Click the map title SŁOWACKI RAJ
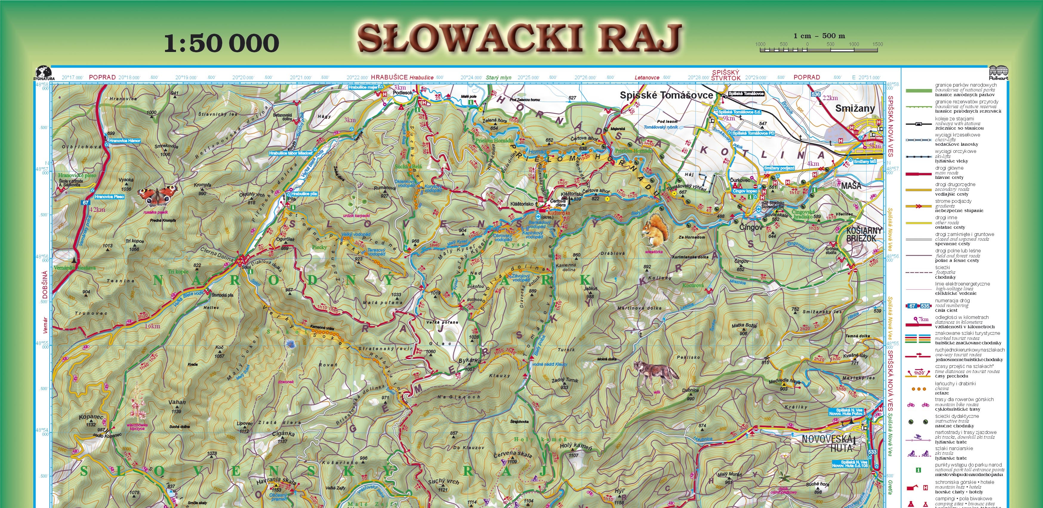(520, 39)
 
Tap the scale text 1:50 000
(221, 43)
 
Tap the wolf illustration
(656, 373)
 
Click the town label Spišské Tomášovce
(666, 96)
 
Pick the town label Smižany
(855, 109)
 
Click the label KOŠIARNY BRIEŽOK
(861, 234)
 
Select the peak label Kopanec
(91, 417)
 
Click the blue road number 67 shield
(85, 202)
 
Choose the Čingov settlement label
(751, 228)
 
